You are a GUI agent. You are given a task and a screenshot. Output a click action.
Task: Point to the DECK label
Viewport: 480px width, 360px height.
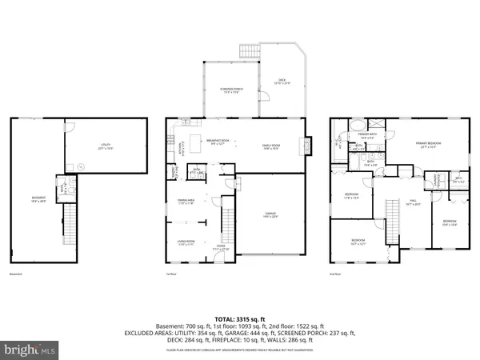click(282, 81)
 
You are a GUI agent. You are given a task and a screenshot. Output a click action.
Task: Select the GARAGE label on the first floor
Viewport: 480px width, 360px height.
click(271, 214)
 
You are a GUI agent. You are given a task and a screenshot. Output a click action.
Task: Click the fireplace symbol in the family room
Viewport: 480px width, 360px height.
click(303, 146)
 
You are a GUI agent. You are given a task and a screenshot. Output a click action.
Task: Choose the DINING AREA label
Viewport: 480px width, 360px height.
click(186, 202)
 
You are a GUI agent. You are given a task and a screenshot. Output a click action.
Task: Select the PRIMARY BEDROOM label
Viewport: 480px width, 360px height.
click(428, 145)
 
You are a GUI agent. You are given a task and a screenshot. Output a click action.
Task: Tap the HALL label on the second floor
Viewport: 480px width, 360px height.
click(414, 202)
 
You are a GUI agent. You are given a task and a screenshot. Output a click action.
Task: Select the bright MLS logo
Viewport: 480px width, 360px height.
click(30, 350)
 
